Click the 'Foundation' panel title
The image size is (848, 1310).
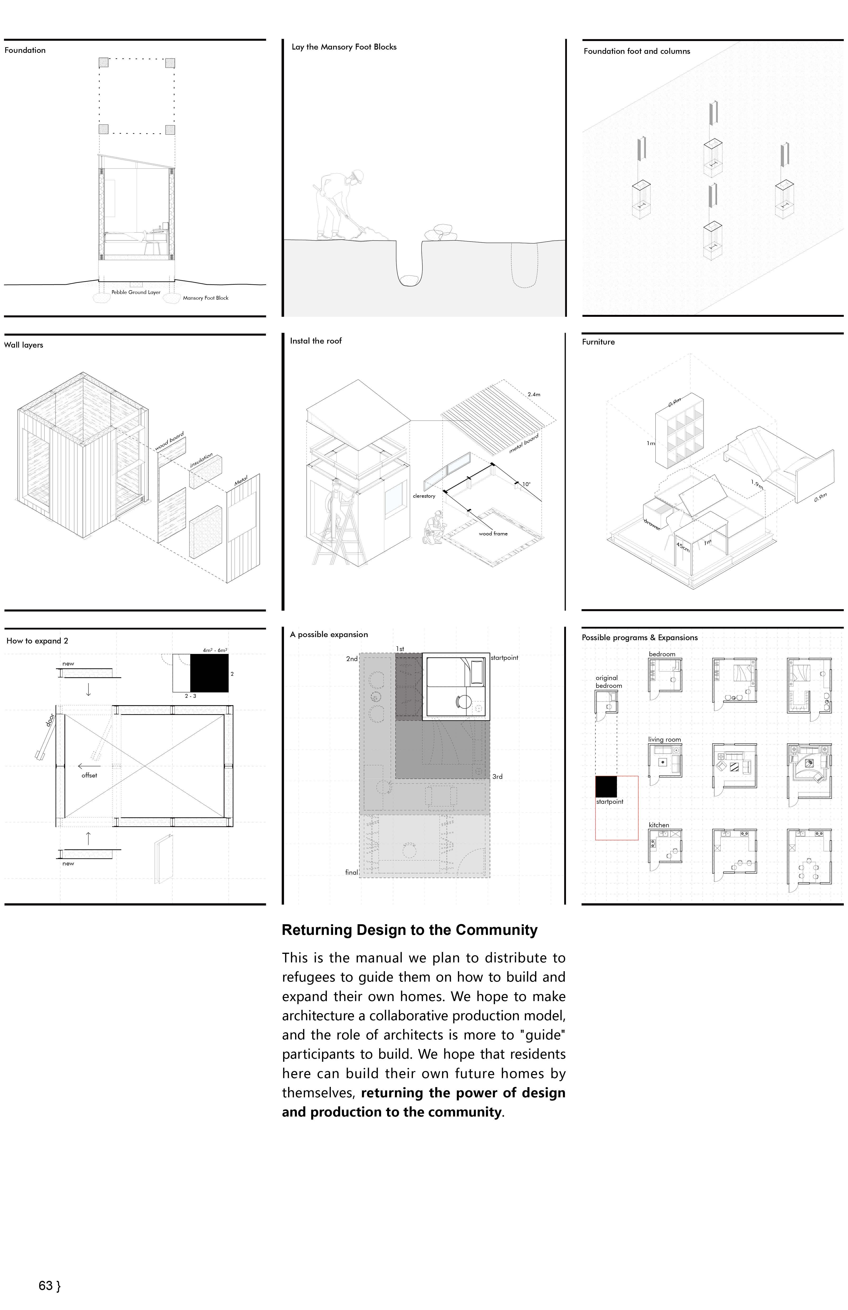[25, 50]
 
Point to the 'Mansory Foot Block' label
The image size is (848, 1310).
[205, 298]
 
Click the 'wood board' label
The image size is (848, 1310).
[169, 441]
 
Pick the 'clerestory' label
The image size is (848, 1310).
[424, 496]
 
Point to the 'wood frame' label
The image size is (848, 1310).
[493, 533]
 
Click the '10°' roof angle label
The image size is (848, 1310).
[526, 484]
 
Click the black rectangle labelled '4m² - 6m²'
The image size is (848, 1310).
[209, 673]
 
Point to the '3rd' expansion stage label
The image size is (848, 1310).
[497, 777]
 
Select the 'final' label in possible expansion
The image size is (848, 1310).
[351, 872]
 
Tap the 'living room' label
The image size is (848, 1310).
[664, 740]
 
